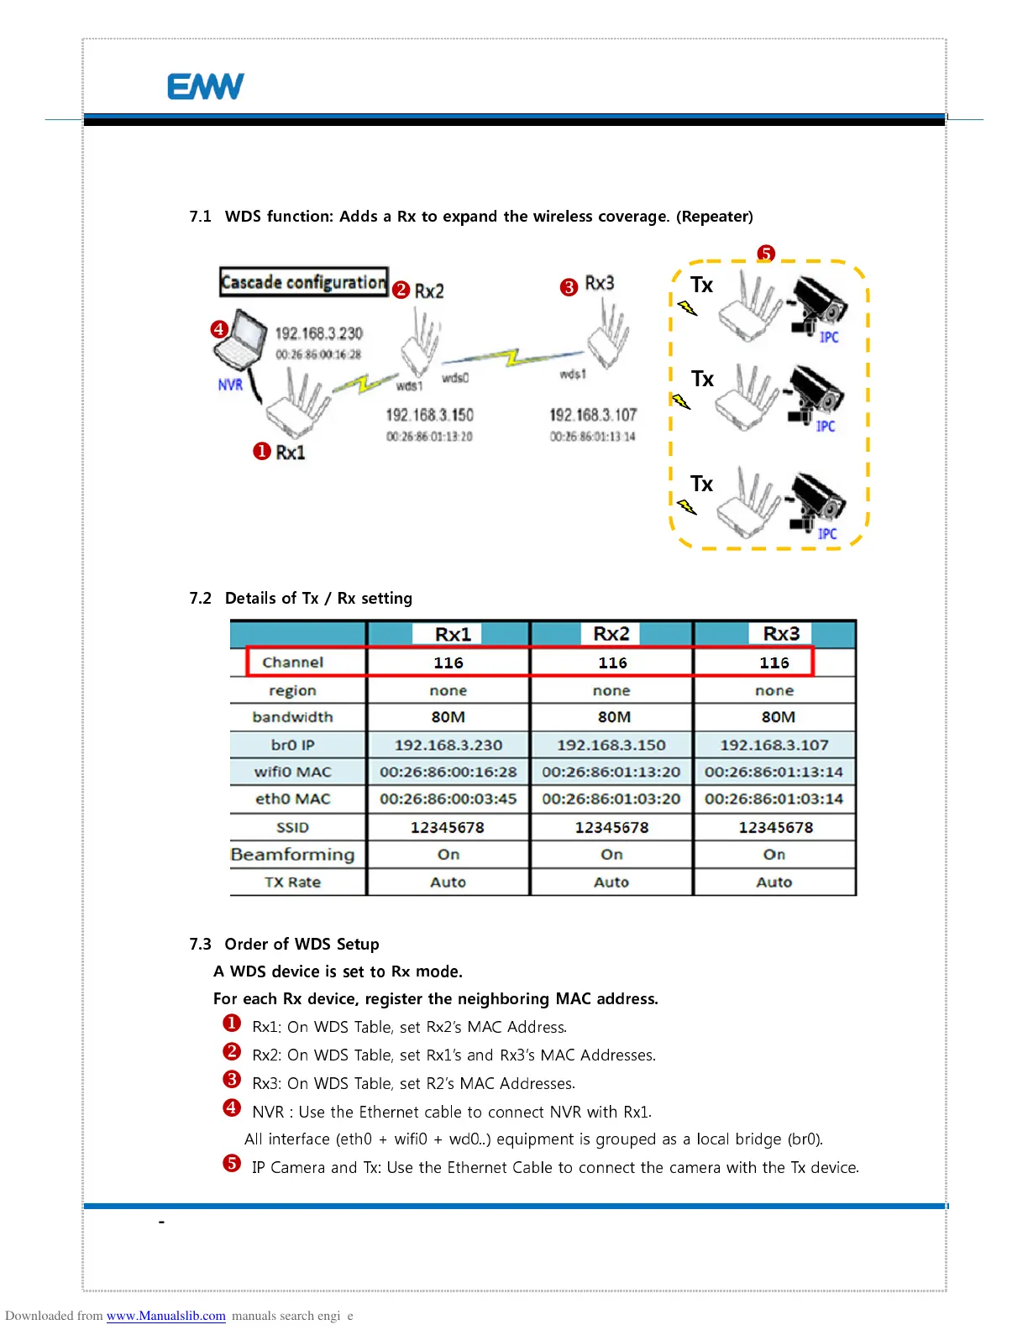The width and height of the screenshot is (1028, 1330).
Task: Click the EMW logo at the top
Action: coord(206,86)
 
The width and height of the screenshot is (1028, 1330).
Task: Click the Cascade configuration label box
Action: coord(303,282)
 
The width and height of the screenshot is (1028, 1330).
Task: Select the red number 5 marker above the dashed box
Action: coord(765,254)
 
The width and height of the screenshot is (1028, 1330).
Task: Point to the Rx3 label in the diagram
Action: coord(599,284)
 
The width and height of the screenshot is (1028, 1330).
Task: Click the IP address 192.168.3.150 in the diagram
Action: coord(429,415)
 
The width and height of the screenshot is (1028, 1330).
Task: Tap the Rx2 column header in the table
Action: coord(611,634)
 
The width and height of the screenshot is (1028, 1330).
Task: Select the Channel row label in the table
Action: coord(292,662)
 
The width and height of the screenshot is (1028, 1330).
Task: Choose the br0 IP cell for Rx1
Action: coord(448,745)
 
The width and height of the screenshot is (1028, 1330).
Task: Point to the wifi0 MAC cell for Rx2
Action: coord(611,772)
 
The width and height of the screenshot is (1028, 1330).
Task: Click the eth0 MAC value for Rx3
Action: coord(774,799)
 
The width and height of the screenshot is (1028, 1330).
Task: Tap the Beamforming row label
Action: coord(292,855)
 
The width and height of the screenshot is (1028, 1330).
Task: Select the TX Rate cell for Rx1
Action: coord(448,882)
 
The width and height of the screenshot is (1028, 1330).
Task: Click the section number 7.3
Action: coord(200,944)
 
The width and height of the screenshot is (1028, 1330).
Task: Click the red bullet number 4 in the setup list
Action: coord(232,1108)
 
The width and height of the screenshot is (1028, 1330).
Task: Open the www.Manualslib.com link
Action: coord(165,1316)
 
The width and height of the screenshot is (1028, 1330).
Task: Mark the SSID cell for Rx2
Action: coord(611,827)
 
